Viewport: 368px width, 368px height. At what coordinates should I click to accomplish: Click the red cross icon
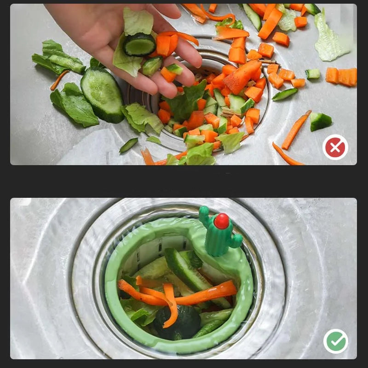point(335,147)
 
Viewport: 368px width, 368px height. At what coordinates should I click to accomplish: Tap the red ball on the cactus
point(221,221)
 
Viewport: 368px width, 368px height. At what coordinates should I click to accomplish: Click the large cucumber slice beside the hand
point(102,95)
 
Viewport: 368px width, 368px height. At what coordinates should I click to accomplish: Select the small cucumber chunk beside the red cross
point(320,121)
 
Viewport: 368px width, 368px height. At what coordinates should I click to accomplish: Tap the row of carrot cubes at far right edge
point(342,76)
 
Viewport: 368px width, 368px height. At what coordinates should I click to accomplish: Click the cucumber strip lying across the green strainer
point(193,276)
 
